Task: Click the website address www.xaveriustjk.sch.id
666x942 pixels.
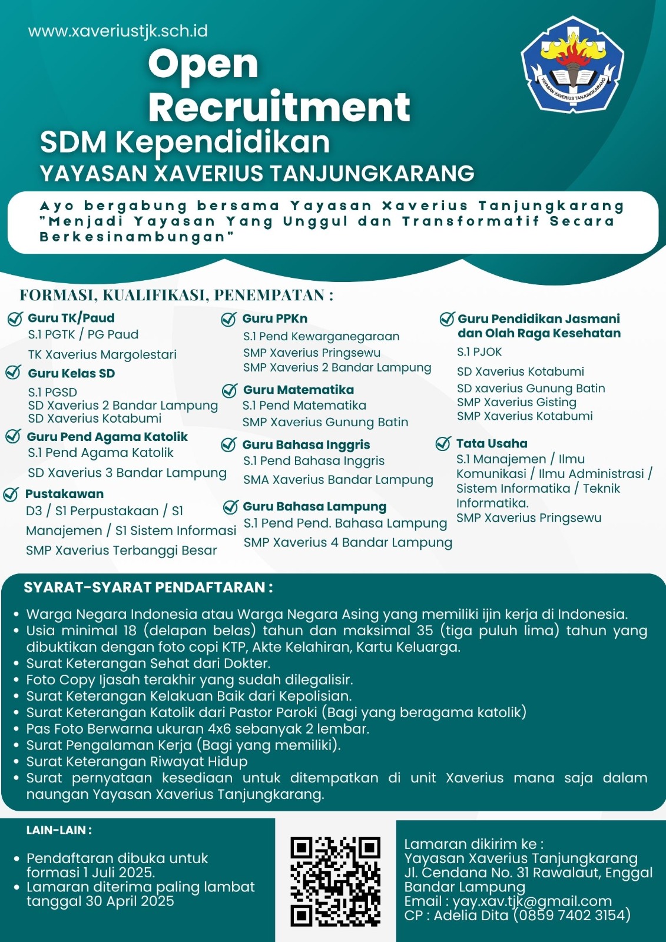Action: point(118,31)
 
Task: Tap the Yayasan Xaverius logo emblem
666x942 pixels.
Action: point(572,65)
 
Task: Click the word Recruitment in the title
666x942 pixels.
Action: point(279,107)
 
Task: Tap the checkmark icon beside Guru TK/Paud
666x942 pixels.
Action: point(15,319)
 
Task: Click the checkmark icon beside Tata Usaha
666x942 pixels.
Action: point(443,444)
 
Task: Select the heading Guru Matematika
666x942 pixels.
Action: point(298,390)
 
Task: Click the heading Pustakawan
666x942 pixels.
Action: point(64,494)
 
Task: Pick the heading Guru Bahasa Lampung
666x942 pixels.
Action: point(314,506)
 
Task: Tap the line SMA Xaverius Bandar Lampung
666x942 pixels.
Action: point(338,480)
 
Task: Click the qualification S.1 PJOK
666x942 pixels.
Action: point(479,352)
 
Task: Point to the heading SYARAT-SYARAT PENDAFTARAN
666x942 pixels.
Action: point(148,587)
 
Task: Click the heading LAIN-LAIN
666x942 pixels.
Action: point(58,830)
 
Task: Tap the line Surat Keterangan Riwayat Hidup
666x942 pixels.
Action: point(137,761)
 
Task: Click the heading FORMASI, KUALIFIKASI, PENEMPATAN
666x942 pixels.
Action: point(176,295)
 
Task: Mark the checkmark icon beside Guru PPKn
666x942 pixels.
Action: point(228,319)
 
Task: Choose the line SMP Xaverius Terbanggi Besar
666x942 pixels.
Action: point(121,550)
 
